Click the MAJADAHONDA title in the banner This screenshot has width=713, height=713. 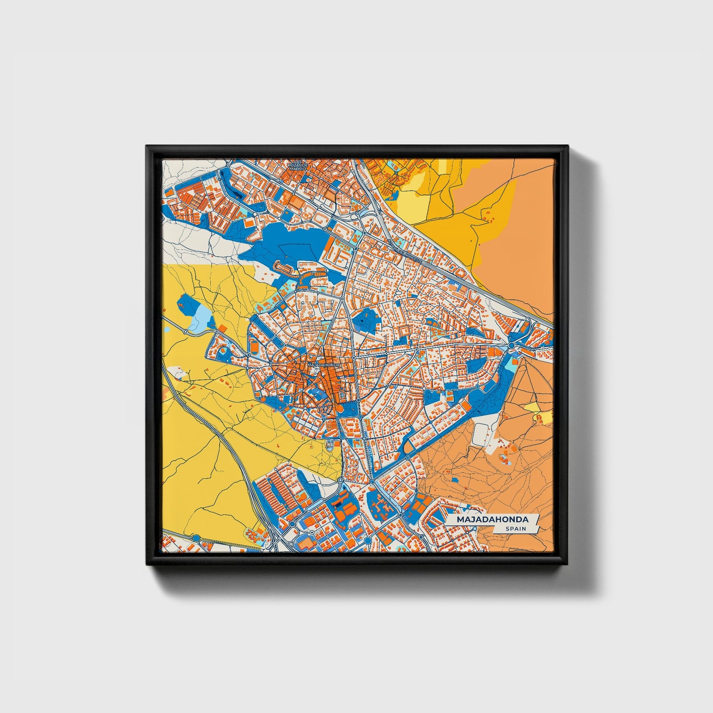(492, 520)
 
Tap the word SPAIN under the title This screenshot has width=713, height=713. (515, 529)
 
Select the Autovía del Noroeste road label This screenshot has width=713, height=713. (405, 249)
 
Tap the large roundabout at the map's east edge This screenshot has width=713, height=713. (512, 345)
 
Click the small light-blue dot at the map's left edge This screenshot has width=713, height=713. (166, 329)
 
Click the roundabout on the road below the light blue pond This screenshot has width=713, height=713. (186, 332)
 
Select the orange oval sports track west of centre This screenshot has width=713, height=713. (254, 347)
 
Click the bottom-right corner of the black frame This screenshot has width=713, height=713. (568, 565)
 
